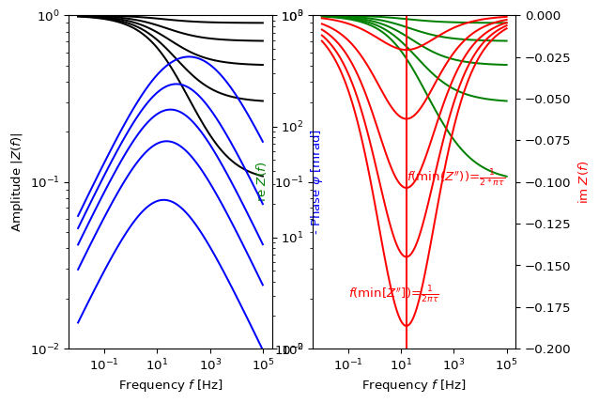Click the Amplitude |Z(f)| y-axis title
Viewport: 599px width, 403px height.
pyautogui.click(x=16, y=181)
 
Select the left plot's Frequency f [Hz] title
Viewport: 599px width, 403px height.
pyautogui.click(x=170, y=385)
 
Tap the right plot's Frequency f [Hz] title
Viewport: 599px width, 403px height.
pyautogui.click(x=413, y=385)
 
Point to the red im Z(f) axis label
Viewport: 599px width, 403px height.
pyautogui.click(x=583, y=181)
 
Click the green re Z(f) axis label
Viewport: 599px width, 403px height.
pyautogui.click(x=261, y=182)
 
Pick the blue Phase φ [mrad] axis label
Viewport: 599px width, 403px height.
pyautogui.click(x=316, y=181)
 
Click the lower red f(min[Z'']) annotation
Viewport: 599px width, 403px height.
pyautogui.click(x=393, y=293)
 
